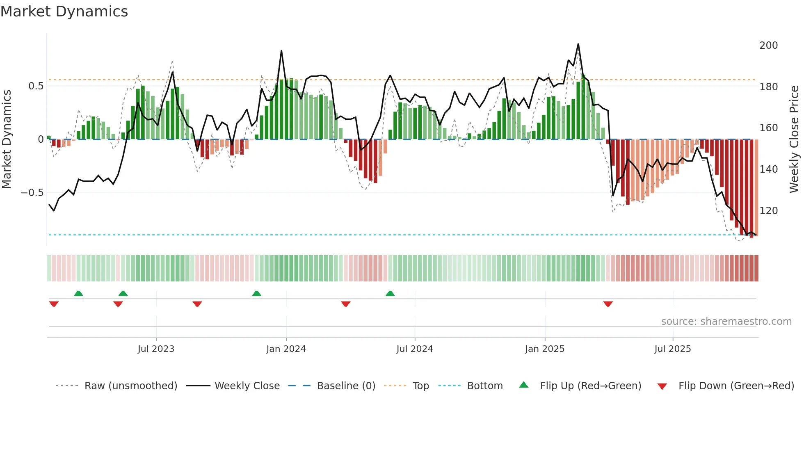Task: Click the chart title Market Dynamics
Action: click(64, 11)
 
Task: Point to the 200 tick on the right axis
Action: click(768, 46)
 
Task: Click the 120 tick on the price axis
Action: click(768, 211)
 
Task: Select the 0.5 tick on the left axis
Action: click(36, 86)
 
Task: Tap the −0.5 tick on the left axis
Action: click(32, 193)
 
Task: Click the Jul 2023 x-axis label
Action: click(156, 349)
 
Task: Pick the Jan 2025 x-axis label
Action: click(545, 349)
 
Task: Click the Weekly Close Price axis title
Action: click(794, 139)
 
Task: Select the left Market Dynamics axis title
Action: click(7, 139)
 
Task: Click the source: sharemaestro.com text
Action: click(726, 322)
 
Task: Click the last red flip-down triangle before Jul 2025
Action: click(608, 304)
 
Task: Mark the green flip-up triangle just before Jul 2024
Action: click(390, 293)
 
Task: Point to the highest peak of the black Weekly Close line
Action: click(578, 44)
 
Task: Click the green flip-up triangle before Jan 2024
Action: click(256, 293)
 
